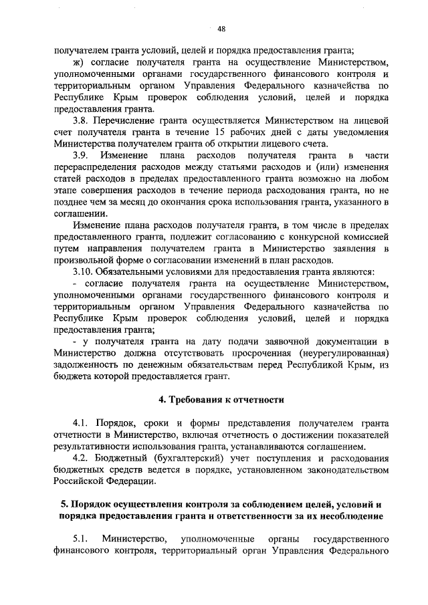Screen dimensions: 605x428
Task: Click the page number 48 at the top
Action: click(221, 28)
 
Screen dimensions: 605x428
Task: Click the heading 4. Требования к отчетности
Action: click(221, 400)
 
